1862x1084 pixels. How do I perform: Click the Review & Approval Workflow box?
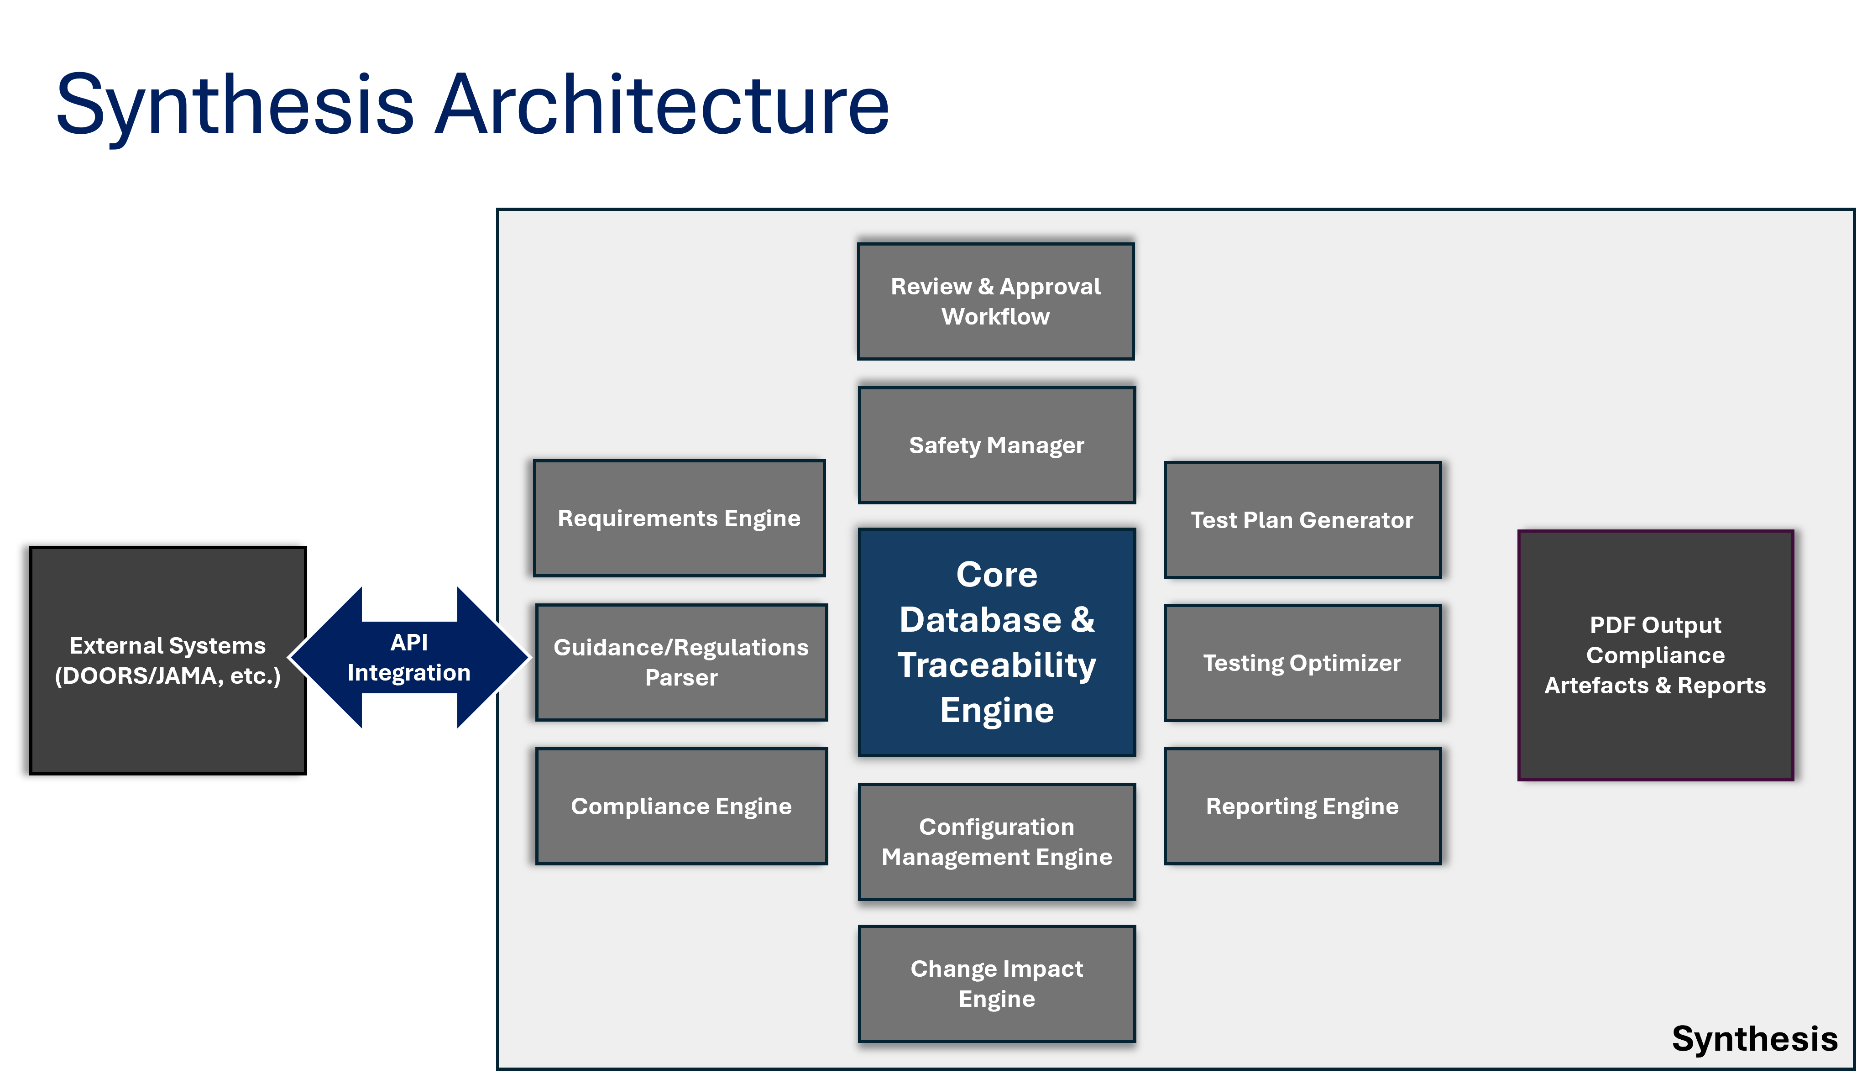coord(995,302)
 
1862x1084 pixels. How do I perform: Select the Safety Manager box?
coord(997,445)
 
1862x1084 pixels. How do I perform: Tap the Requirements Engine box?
coord(679,518)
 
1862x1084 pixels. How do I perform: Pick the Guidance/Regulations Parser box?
coord(681,662)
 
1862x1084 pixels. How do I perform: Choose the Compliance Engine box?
coord(681,806)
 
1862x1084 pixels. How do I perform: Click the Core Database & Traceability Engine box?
coord(997,642)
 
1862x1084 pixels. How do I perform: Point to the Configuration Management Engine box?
coord(997,842)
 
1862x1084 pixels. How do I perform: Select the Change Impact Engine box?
coord(997,984)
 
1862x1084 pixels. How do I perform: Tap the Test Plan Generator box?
coord(1302,520)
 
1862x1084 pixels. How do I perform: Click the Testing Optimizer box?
coord(1302,663)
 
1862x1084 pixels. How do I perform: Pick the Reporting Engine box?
coord(1302,806)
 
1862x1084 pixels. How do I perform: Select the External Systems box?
coord(168,660)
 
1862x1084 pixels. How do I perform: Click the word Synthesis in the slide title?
coord(235,108)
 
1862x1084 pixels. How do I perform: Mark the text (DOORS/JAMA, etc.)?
coord(168,676)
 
